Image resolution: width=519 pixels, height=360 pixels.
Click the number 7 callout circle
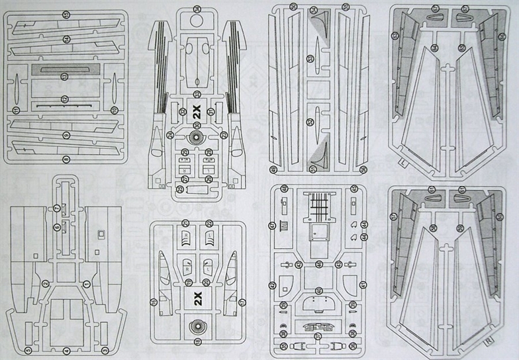pos(57,208)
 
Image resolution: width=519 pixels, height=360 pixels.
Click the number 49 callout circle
pos(319,265)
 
